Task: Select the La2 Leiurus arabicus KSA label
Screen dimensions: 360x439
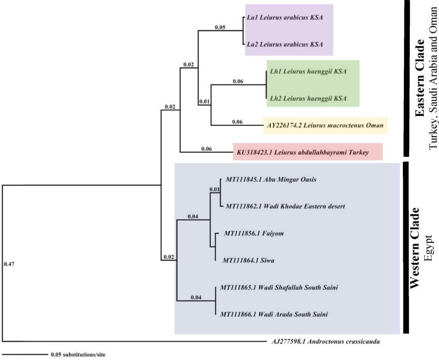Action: click(x=284, y=44)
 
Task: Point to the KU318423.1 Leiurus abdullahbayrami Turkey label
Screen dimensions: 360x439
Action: click(x=302, y=153)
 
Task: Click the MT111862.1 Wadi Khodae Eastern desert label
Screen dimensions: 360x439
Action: click(x=285, y=206)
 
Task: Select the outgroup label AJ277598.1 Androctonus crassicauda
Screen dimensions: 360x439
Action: click(x=325, y=341)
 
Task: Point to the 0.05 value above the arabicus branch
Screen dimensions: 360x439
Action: click(x=220, y=26)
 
